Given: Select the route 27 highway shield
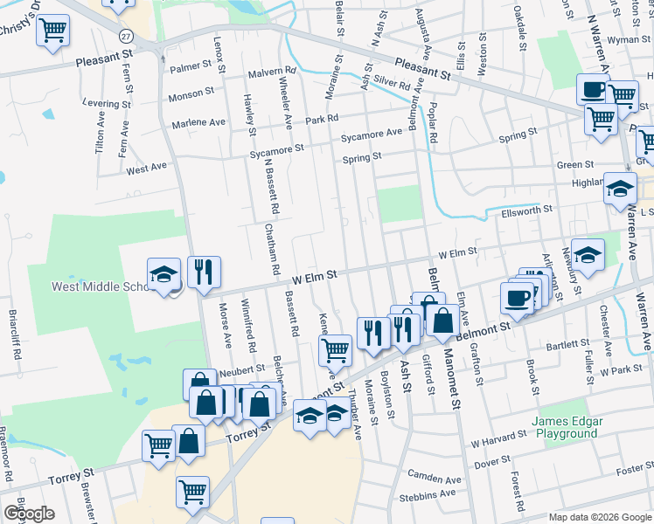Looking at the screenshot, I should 127,36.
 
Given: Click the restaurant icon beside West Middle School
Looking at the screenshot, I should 203,272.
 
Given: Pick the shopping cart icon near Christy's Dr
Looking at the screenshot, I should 53,31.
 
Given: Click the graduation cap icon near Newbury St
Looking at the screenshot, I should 588,255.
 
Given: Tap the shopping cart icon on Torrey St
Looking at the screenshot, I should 157,445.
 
